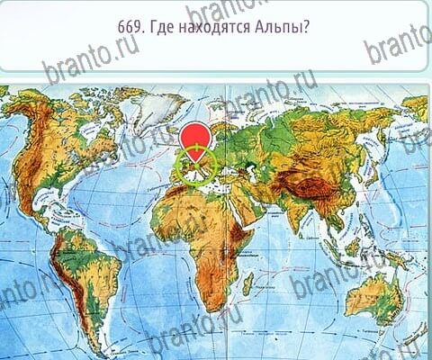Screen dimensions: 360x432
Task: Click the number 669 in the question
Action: pyautogui.click(x=130, y=28)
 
